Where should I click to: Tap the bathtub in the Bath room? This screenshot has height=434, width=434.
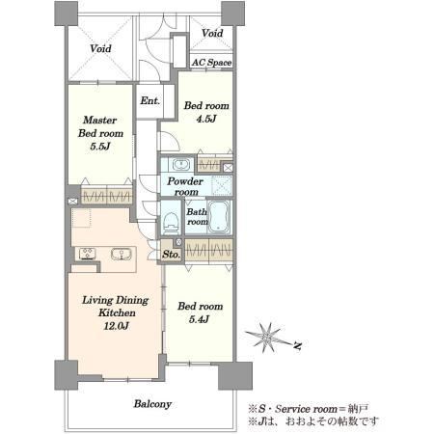pyautogui.click(x=218, y=217)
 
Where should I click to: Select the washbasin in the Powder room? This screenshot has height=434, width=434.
pyautogui.click(x=181, y=165)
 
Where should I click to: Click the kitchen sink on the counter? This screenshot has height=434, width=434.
pyautogui.click(x=122, y=254)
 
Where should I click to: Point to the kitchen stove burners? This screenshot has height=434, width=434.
pyautogui.click(x=87, y=253)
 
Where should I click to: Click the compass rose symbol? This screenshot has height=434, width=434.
pyautogui.click(x=266, y=338)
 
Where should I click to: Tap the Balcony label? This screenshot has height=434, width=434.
pyautogui.click(x=152, y=404)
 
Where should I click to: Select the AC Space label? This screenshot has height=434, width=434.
pyautogui.click(x=211, y=63)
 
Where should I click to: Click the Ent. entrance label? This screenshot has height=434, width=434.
pyautogui.click(x=149, y=100)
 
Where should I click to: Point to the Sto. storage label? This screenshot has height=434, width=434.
pyautogui.click(x=171, y=255)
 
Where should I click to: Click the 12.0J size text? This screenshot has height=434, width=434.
pyautogui.click(x=116, y=326)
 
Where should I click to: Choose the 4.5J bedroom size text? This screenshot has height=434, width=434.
pyautogui.click(x=206, y=119)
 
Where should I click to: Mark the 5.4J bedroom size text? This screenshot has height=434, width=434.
pyautogui.click(x=199, y=319)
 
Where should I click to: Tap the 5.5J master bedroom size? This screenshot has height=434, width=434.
pyautogui.click(x=100, y=147)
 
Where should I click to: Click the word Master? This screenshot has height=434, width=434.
pyautogui.click(x=99, y=120)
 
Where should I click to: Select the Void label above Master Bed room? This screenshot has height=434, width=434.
pyautogui.click(x=100, y=48)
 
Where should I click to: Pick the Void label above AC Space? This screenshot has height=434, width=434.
pyautogui.click(x=212, y=33)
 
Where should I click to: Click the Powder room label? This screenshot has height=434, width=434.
pyautogui.click(x=185, y=186)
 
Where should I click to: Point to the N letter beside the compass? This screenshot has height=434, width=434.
pyautogui.click(x=298, y=346)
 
